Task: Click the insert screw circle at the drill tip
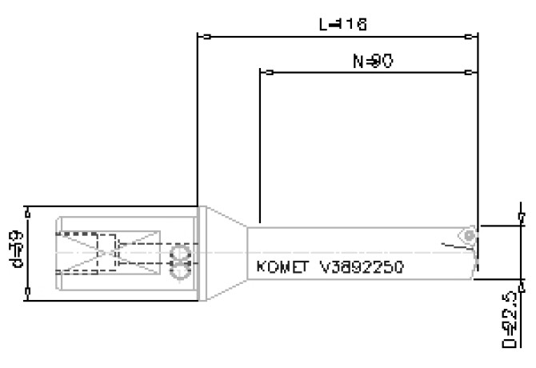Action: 468,234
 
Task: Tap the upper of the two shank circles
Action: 182,255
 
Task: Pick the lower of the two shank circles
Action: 182,273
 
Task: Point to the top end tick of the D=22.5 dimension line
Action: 521,217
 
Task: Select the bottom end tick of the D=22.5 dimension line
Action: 521,282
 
